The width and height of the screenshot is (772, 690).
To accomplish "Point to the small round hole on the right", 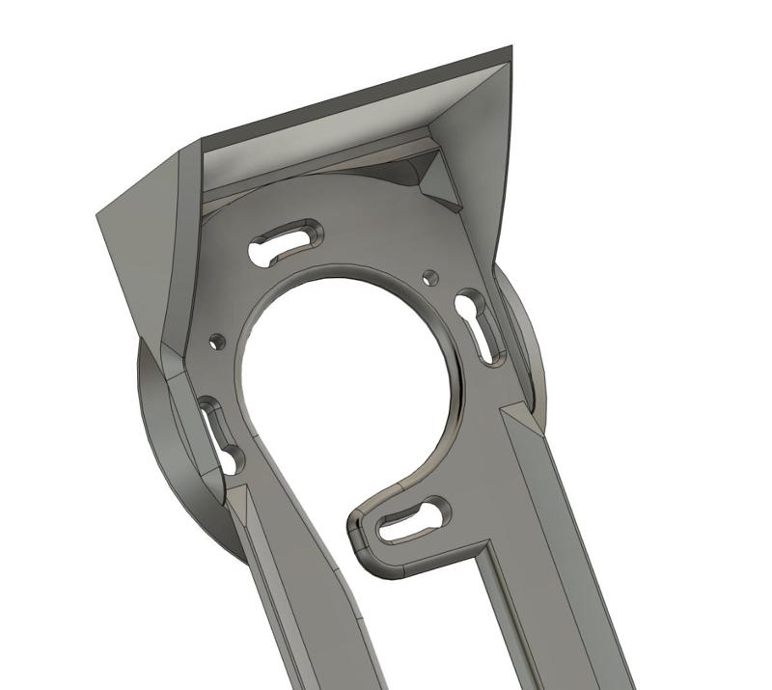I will (431, 278).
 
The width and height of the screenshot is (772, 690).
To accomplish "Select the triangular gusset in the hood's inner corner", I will (438, 181).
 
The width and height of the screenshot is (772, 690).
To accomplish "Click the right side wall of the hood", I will (482, 164).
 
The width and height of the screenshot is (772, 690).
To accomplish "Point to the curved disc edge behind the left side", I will (159, 434).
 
